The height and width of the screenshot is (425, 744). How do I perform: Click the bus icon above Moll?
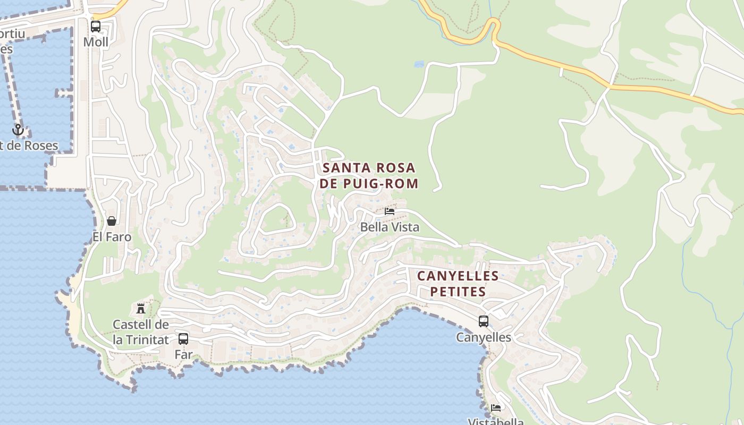pyautogui.click(x=96, y=26)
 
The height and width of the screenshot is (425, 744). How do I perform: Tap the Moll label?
pyautogui.click(x=96, y=42)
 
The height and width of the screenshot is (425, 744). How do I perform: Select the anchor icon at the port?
pyautogui.click(x=18, y=130)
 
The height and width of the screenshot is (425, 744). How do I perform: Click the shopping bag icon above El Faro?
pyautogui.click(x=112, y=221)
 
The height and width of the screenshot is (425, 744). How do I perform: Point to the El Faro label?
pyautogui.click(x=112, y=237)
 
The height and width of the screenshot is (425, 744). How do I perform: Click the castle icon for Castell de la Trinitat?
pyautogui.click(x=141, y=308)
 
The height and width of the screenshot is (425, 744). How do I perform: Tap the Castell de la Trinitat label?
pyautogui.click(x=141, y=332)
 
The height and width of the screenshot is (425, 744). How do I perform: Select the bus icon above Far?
pyautogui.click(x=183, y=338)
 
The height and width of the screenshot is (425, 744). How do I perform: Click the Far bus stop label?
pyautogui.click(x=183, y=354)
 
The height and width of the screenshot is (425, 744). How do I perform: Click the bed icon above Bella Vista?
pyautogui.click(x=390, y=211)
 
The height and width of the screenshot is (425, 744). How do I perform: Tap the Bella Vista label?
pyautogui.click(x=390, y=227)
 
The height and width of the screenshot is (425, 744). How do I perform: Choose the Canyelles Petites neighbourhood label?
pyautogui.click(x=458, y=284)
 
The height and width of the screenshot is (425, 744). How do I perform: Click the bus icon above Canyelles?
pyautogui.click(x=484, y=321)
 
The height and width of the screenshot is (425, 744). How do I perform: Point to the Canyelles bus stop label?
pyautogui.click(x=484, y=337)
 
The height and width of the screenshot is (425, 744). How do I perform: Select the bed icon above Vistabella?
pyautogui.click(x=496, y=408)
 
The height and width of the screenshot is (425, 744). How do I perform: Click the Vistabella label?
pyautogui.click(x=496, y=421)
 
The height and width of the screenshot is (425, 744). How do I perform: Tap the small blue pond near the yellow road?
pyautogui.click(x=419, y=64)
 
